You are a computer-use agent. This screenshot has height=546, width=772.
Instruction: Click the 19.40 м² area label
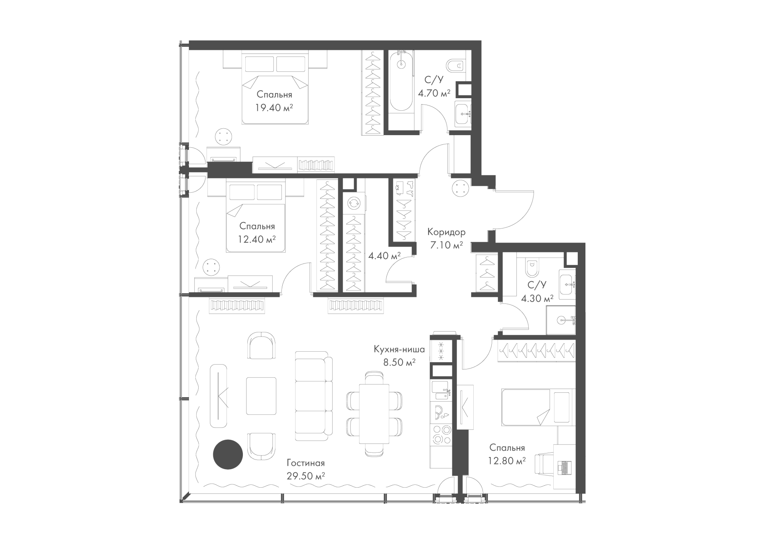pos(273,107)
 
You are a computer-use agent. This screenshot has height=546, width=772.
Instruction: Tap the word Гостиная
pos(306,463)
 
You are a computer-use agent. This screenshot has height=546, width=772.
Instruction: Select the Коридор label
pos(446,232)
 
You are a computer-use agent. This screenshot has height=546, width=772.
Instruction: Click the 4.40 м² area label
pos(384,256)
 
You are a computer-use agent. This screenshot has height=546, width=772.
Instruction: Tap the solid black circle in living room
pos(228,454)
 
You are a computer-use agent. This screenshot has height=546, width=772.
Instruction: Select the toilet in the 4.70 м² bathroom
pos(456,65)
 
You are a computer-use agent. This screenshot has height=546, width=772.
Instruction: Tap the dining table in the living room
pos(374,413)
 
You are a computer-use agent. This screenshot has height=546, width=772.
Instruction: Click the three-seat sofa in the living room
pos(314,396)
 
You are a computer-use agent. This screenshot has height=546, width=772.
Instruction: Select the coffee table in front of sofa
pos(261,396)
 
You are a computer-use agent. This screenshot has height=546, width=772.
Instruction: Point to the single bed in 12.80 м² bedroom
pos(536,407)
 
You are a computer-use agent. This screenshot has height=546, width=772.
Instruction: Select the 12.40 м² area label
pos(257,239)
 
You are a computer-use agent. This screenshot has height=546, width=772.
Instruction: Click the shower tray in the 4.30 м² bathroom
pos(561,320)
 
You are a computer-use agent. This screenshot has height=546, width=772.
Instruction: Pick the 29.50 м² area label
pos(306,476)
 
